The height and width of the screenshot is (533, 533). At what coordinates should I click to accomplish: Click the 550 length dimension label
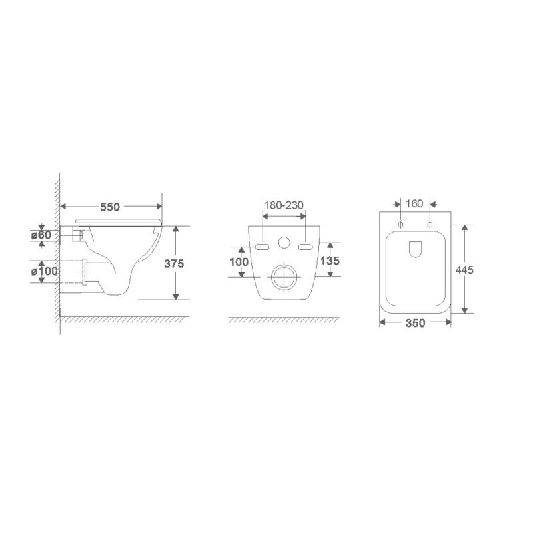click(110, 207)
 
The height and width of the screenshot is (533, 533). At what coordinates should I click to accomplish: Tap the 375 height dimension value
click(174, 263)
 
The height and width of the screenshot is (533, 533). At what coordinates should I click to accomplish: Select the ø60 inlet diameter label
click(41, 235)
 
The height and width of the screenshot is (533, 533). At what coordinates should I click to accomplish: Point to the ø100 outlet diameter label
click(45, 272)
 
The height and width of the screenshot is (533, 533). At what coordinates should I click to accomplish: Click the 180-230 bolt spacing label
click(284, 205)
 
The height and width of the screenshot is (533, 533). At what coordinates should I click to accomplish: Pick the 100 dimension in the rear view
click(239, 262)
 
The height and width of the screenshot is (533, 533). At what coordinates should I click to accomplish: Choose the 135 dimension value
click(330, 261)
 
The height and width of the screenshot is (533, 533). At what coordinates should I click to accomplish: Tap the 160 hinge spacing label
click(414, 204)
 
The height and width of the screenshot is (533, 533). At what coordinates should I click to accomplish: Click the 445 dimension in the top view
click(464, 270)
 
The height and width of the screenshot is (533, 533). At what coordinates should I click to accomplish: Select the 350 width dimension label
click(415, 323)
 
